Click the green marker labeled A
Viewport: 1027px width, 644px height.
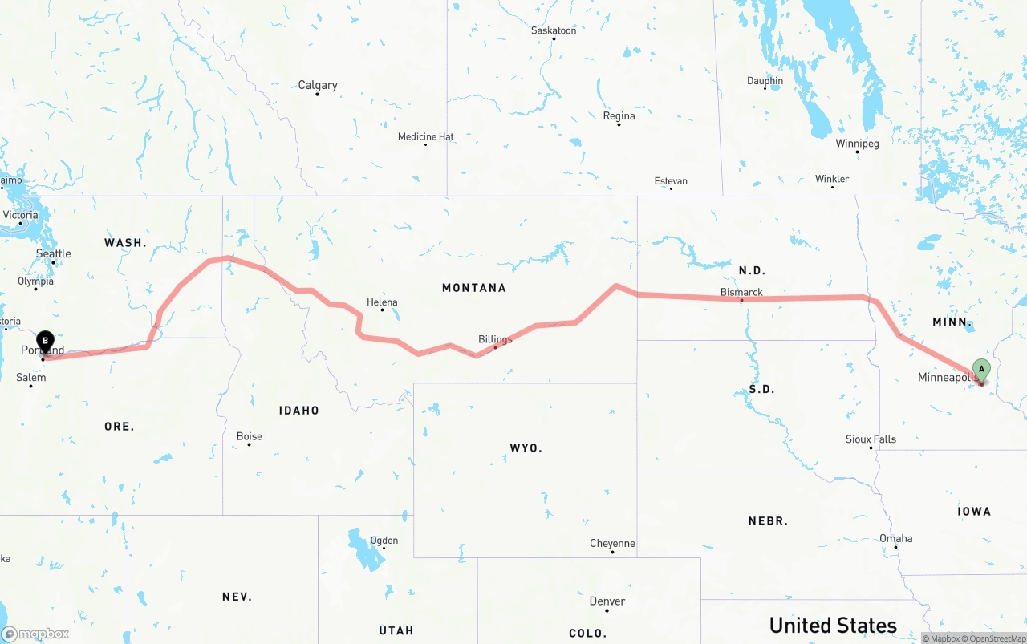click(x=980, y=370)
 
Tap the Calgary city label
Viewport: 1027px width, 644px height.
click(x=318, y=85)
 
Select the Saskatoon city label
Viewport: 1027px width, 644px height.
click(x=554, y=30)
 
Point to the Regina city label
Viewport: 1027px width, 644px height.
click(x=619, y=116)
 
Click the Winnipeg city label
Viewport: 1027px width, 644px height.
click(x=857, y=144)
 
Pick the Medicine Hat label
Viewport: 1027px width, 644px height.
click(x=426, y=137)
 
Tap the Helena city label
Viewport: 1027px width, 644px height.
click(x=382, y=302)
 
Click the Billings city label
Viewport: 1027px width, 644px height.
click(x=495, y=339)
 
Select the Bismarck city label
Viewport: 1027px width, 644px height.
click(x=741, y=292)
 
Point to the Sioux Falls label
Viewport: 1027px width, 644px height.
click(x=871, y=439)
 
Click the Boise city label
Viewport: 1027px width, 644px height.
click(x=249, y=436)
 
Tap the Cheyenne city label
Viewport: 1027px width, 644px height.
click(x=612, y=544)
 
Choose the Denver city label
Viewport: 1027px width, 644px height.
click(x=607, y=601)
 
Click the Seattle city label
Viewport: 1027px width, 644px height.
click(x=54, y=253)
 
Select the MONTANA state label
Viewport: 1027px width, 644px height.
click(x=473, y=287)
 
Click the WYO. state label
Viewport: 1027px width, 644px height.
click(x=526, y=448)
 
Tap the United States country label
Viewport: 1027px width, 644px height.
click(x=833, y=625)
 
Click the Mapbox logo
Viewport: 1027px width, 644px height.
click(x=35, y=634)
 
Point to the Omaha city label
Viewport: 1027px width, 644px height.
click(x=895, y=538)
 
